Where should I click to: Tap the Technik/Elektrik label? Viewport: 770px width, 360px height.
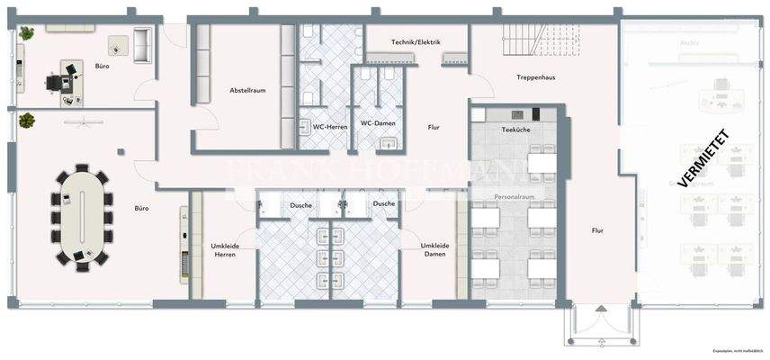pos(416,42)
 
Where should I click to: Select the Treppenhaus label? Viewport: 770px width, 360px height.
pos(535,77)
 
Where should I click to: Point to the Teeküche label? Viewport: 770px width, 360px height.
pos(515,131)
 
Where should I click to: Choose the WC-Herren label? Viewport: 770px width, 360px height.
pos(330,127)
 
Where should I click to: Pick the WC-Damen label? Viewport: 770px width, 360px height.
pos(379,123)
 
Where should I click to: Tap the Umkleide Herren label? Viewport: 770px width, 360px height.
pos(224,250)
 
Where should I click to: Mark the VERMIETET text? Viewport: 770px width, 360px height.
pos(703,158)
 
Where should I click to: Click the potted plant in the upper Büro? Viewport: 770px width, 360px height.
pos(27,33)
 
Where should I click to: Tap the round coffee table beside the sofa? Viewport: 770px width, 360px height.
pos(117,43)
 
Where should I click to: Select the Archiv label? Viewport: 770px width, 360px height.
pos(690,42)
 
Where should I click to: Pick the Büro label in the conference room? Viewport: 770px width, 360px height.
pos(141,209)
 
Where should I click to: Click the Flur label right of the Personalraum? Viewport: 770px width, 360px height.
pos(597,230)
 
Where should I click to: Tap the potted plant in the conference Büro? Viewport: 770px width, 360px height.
pos(26,119)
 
